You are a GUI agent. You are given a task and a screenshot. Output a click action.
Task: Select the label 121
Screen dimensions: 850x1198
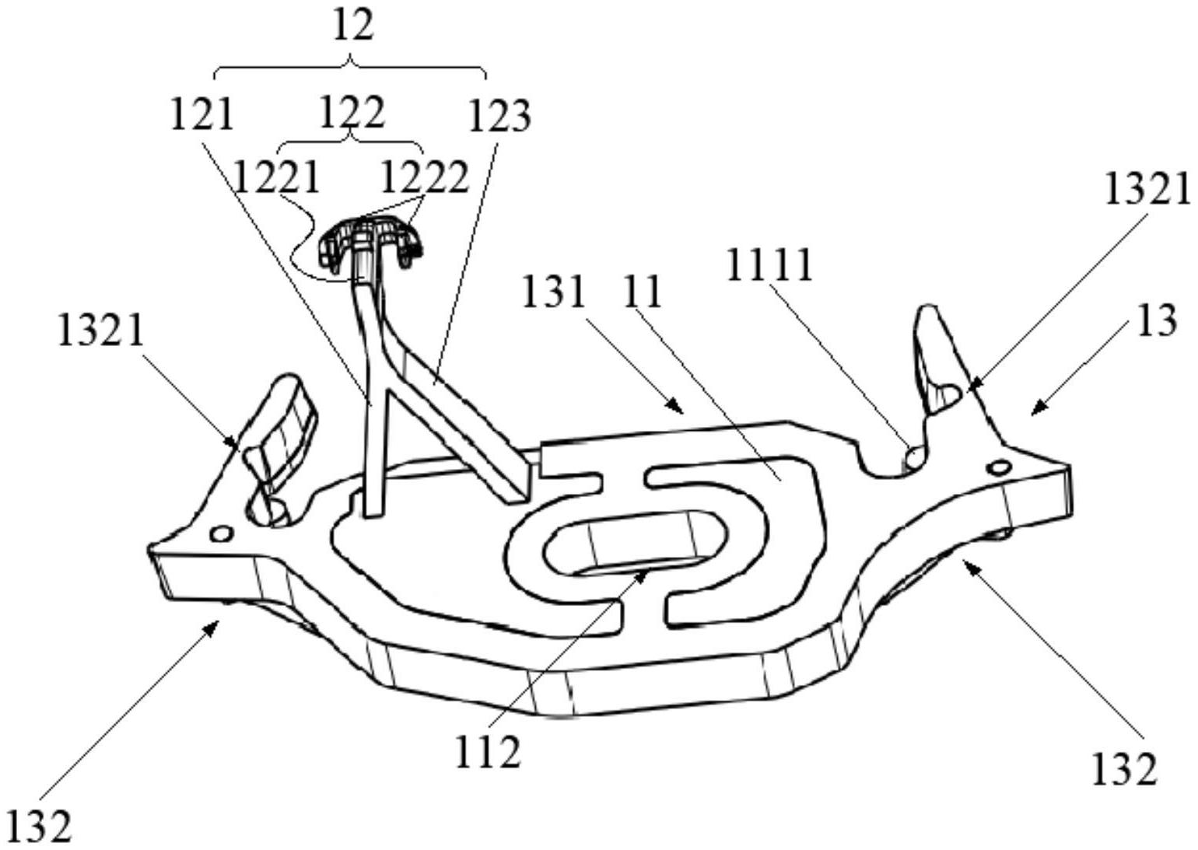pos(201,115)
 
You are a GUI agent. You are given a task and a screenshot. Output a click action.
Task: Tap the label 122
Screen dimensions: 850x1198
pos(352,113)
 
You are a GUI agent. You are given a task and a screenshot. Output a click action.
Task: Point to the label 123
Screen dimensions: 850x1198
pos(499,117)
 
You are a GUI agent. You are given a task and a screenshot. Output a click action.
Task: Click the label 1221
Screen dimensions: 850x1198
pos(277,178)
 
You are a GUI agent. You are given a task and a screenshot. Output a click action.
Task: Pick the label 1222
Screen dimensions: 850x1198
pos(424,178)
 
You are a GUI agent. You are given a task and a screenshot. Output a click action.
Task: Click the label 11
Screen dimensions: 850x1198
pos(643,293)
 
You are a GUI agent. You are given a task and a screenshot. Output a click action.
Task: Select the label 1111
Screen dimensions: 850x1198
pos(770,265)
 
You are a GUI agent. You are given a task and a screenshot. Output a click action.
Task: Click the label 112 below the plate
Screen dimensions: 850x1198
pos(487,752)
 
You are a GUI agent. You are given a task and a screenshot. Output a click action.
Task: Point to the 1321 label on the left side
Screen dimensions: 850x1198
pos(101,331)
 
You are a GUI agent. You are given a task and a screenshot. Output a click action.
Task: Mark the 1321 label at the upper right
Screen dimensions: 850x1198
pos(1147,191)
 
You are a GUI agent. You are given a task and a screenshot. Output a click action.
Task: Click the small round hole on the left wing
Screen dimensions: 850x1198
pos(222,533)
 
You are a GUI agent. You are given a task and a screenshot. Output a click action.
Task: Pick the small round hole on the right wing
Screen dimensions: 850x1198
pos(999,467)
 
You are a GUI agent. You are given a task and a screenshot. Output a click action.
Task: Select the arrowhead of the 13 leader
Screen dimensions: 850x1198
pos(1034,409)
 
